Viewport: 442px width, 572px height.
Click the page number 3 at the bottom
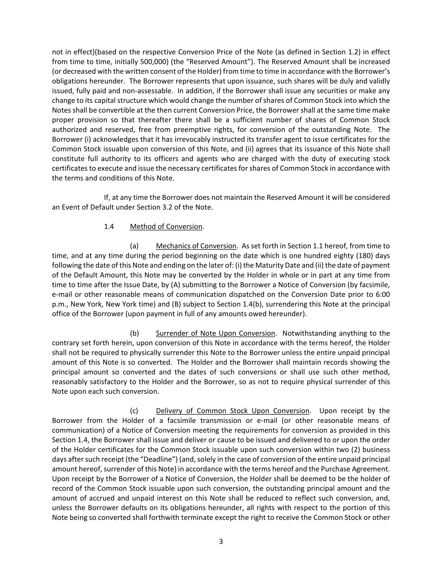click(x=221, y=541)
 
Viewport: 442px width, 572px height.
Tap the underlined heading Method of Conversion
click(x=166, y=226)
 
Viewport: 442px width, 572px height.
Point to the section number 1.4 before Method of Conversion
click(x=109, y=226)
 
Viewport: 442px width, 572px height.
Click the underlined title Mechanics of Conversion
click(x=196, y=246)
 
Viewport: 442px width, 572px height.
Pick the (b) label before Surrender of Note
click(x=134, y=333)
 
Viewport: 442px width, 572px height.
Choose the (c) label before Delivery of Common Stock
click(x=134, y=411)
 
